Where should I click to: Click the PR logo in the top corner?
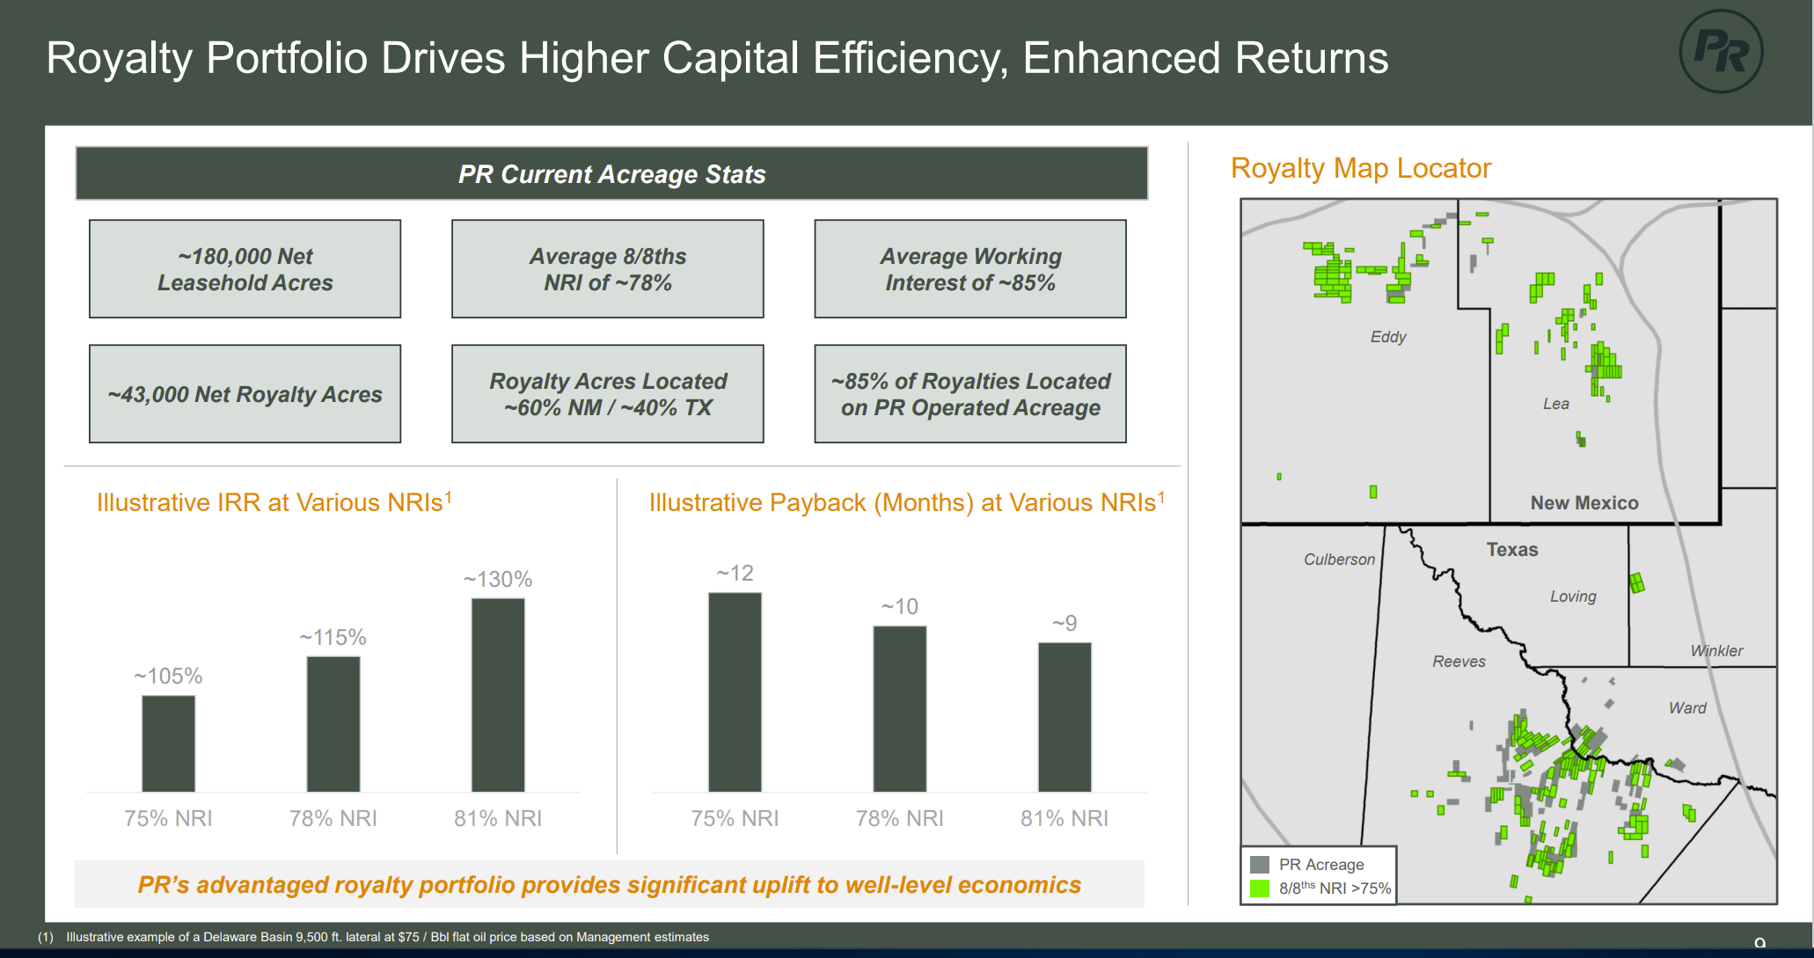[x=1720, y=51]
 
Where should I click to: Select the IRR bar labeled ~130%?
[x=498, y=695]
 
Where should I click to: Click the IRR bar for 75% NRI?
[x=168, y=743]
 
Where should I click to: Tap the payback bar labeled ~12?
[x=735, y=691]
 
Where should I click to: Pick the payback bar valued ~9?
[x=1064, y=717]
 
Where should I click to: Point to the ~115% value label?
[x=333, y=637]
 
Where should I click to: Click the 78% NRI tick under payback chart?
[x=899, y=818]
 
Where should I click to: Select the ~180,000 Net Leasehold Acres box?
[x=245, y=269]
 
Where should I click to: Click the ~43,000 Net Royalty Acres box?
[x=245, y=394]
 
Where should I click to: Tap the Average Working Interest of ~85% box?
[x=969, y=269]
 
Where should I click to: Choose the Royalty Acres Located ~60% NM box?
[x=607, y=394]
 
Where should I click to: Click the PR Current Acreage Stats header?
[x=611, y=174]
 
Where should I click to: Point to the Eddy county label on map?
[x=1388, y=337]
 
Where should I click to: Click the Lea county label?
[x=1555, y=404]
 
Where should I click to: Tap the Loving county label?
[x=1573, y=596]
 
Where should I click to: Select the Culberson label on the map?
[x=1339, y=559]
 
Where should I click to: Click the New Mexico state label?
[x=1584, y=503]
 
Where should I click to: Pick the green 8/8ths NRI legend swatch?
[x=1260, y=889]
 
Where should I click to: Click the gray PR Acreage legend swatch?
[x=1260, y=865]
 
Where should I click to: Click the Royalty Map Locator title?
[x=1360, y=168]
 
